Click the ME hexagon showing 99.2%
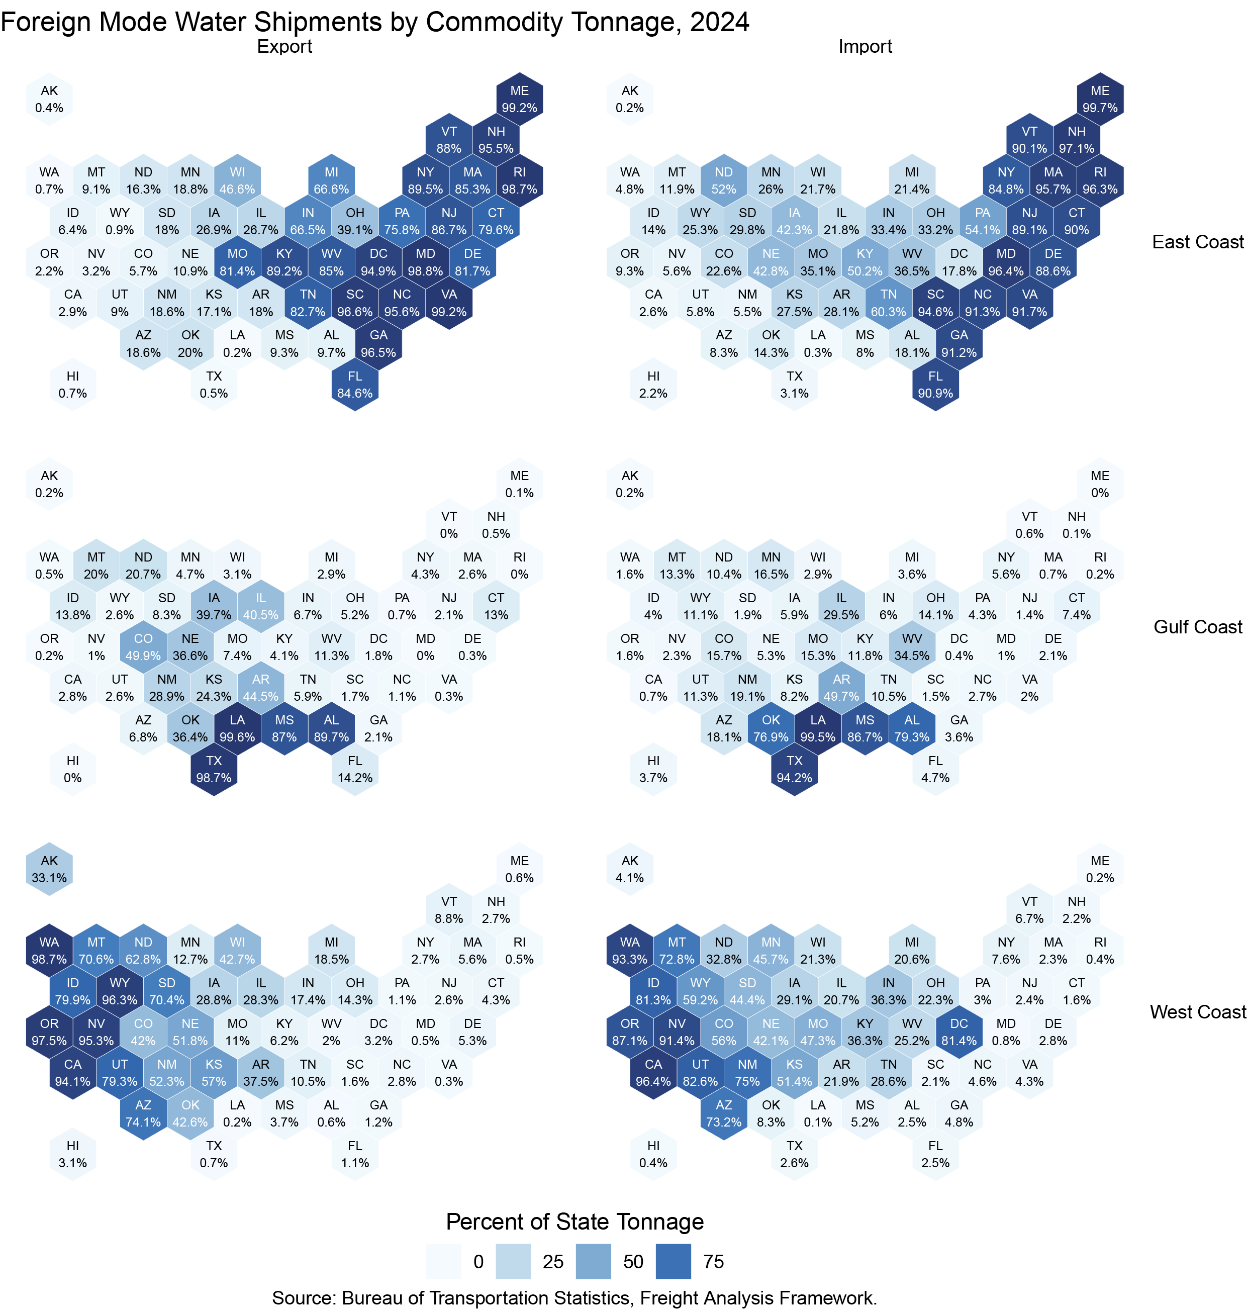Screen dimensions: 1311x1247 click(519, 99)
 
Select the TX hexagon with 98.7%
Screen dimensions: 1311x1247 click(214, 769)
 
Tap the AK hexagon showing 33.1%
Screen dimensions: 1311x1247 click(49, 869)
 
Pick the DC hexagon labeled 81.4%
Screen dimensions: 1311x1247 click(958, 1032)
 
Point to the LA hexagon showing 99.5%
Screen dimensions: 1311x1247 click(818, 728)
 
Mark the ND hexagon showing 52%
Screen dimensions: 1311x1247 click(724, 180)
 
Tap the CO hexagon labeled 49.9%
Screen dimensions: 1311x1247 click(143, 647)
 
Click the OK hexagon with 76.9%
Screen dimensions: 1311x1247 click(771, 728)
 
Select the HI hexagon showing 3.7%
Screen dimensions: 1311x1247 click(653, 769)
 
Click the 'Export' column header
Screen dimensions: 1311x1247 click(284, 47)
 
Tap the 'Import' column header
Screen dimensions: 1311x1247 click(865, 47)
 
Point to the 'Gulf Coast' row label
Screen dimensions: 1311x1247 click(1198, 627)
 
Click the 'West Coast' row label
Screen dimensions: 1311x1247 click(1198, 1012)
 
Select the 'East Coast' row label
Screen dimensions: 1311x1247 click(1198, 242)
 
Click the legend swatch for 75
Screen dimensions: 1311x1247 click(674, 1261)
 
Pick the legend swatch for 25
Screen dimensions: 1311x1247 click(513, 1261)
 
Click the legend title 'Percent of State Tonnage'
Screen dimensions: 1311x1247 click(574, 1222)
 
